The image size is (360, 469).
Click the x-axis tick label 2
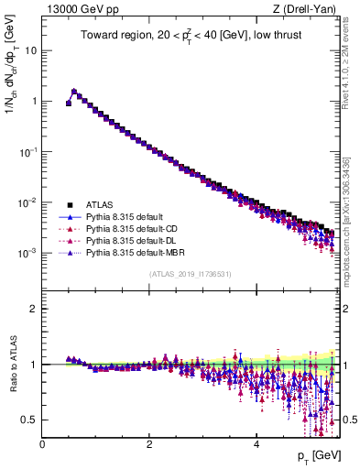coord(149,444)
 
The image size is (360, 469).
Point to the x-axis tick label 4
coord(256,444)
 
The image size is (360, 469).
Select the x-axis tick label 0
coord(42,444)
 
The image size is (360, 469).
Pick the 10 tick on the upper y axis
coord(29,50)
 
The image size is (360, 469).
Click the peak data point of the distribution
coord(74,92)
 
